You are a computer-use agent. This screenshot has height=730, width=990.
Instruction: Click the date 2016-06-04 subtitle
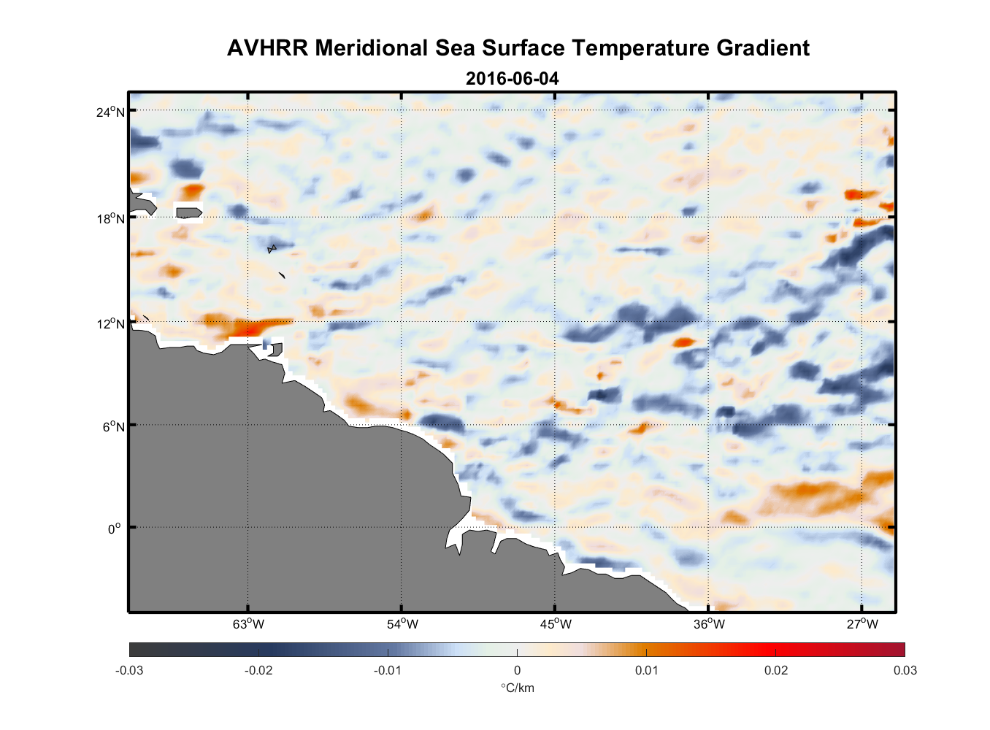(512, 79)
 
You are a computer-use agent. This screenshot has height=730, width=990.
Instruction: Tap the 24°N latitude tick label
(111, 112)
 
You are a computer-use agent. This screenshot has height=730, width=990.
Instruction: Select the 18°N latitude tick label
(111, 218)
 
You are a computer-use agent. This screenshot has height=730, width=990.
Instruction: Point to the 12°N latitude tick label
(111, 323)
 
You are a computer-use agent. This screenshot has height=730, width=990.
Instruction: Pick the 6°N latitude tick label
(114, 426)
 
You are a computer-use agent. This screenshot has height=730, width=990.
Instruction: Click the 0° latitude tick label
(115, 529)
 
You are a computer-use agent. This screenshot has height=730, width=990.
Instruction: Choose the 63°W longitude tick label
(248, 624)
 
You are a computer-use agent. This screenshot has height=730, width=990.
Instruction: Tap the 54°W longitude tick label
(402, 624)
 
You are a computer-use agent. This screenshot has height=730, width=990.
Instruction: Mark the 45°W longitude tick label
(556, 624)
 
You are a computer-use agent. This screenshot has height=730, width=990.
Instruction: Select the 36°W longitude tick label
(709, 624)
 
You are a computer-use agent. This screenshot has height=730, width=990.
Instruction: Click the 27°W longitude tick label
(862, 624)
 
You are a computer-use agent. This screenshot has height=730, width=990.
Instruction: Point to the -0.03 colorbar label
(129, 671)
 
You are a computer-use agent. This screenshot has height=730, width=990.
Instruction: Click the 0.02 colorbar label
(775, 671)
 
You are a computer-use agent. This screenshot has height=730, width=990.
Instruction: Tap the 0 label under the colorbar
(517, 671)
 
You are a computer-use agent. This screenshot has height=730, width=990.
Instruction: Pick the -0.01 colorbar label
(388, 671)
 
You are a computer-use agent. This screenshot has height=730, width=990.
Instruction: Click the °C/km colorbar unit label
(517, 688)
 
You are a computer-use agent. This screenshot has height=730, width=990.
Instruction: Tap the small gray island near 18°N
(189, 212)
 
